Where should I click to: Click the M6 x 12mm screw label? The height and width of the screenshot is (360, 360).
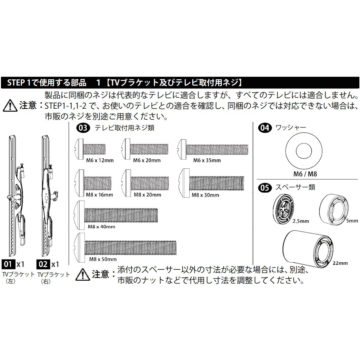coord(100,160)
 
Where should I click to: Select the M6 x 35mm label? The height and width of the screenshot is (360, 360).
coord(207,160)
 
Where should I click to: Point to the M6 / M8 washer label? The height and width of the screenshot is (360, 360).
coord(305,174)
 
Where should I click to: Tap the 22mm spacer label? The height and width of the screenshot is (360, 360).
coord(341,263)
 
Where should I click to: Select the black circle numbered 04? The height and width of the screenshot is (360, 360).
coord(264,128)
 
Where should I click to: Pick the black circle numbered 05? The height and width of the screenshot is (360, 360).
coord(264,187)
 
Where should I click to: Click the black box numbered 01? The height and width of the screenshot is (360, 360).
coord(8,264)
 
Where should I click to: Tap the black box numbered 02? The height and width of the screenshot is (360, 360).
coord(43,264)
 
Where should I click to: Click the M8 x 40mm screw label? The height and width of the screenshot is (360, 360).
coord(101,226)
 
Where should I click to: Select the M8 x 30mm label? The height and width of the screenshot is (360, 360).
coord(205,195)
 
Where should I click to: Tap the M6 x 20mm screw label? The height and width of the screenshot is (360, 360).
coord(147,160)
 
